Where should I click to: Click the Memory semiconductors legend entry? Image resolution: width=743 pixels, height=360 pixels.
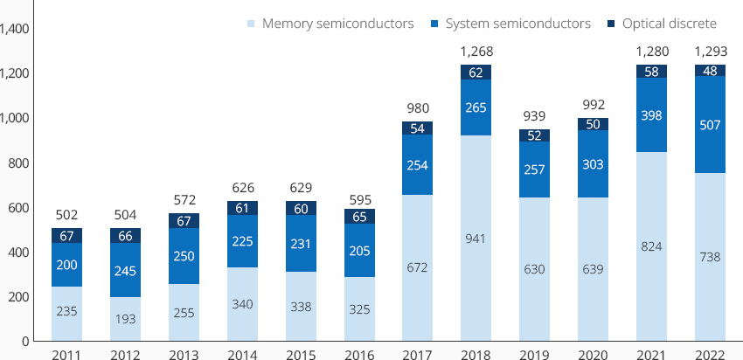click(x=330, y=24)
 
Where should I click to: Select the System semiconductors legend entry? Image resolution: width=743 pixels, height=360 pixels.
click(x=511, y=24)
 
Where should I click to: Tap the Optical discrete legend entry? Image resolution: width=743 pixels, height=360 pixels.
click(x=662, y=24)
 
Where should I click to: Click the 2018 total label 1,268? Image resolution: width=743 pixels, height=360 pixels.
click(x=476, y=52)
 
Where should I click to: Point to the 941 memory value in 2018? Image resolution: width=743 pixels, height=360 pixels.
click(x=476, y=239)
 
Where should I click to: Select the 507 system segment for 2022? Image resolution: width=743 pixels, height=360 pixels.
click(x=710, y=125)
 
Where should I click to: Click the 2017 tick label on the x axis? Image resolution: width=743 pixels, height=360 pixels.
click(x=417, y=354)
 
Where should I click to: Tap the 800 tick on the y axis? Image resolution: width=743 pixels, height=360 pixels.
click(x=18, y=163)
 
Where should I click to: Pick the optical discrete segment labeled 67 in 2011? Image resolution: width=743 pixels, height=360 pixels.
click(x=66, y=235)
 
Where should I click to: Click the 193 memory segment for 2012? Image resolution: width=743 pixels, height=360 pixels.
click(x=125, y=319)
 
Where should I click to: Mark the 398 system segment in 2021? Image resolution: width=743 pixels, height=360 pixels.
click(x=651, y=115)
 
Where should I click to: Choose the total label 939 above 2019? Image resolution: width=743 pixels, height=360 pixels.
click(x=534, y=116)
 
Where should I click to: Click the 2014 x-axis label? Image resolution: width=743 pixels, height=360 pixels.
click(x=243, y=354)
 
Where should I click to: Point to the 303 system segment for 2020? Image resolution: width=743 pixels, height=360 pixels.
click(x=593, y=164)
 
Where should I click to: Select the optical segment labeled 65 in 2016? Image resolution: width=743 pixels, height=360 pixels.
click(x=359, y=217)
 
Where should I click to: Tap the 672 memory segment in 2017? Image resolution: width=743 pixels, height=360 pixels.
click(x=417, y=267)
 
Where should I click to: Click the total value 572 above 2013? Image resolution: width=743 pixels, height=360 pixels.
click(x=184, y=200)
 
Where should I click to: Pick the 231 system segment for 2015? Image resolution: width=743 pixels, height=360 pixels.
click(x=301, y=244)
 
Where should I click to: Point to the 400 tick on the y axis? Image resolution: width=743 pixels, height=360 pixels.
click(x=18, y=252)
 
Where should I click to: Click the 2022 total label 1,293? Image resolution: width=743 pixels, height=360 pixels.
click(x=710, y=52)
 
